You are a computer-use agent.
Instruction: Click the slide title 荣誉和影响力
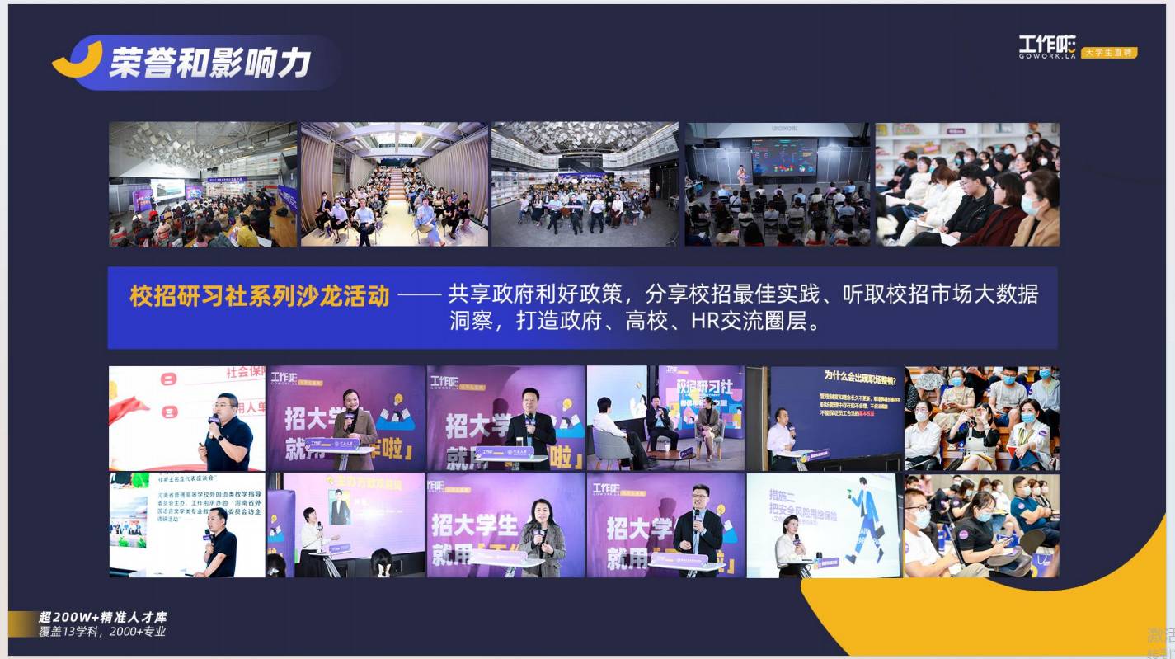click(210, 62)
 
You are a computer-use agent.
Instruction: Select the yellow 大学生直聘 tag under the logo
click(1110, 52)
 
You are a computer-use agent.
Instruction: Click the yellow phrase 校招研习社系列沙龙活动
click(259, 296)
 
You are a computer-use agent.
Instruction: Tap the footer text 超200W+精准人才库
click(103, 617)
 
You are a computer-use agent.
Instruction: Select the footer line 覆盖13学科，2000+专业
click(103, 632)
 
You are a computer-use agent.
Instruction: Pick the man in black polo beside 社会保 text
click(227, 434)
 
